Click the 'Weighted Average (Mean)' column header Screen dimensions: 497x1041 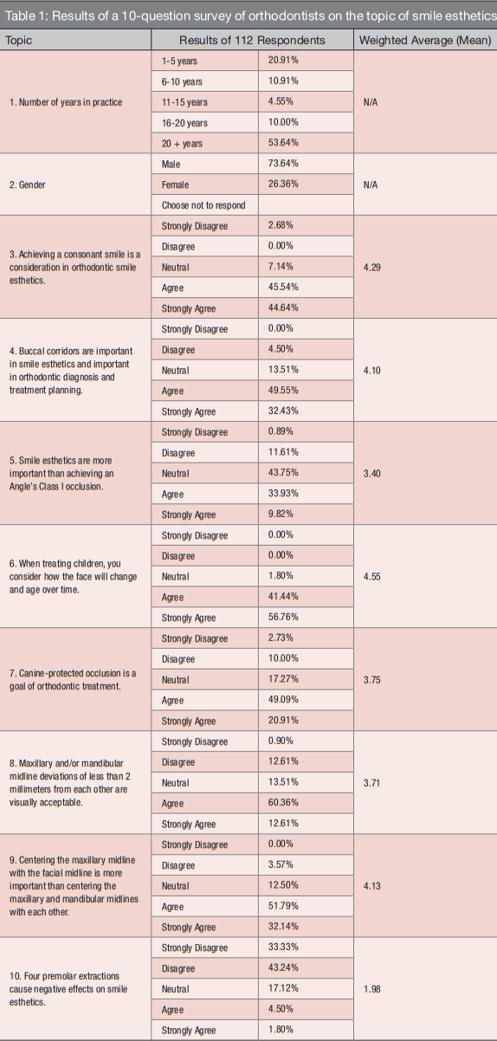[x=425, y=41]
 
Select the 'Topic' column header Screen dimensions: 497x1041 [x=18, y=41]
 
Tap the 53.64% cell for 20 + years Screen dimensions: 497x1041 [x=283, y=143]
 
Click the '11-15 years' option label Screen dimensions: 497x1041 [x=184, y=102]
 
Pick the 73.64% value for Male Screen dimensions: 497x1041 [x=283, y=163]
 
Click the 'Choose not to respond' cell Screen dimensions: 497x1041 [x=203, y=205]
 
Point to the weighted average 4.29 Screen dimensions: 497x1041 [x=371, y=268]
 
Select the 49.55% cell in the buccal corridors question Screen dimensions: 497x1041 [x=283, y=390]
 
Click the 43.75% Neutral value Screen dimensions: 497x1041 [x=283, y=473]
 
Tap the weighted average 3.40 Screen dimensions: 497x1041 [x=371, y=474]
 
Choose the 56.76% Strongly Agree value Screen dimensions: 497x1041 [x=283, y=617]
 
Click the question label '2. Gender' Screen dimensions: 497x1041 [x=28, y=185]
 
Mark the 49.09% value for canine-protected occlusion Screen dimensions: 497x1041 [x=283, y=700]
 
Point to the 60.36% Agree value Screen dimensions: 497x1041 [x=283, y=803]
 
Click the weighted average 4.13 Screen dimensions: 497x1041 [x=371, y=886]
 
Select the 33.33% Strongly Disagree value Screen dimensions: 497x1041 [x=283, y=947]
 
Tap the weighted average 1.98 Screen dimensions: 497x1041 [x=371, y=989]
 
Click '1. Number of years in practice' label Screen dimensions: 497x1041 [x=66, y=102]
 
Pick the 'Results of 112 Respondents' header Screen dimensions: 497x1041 [x=252, y=41]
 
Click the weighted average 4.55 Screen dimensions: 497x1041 [x=371, y=577]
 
